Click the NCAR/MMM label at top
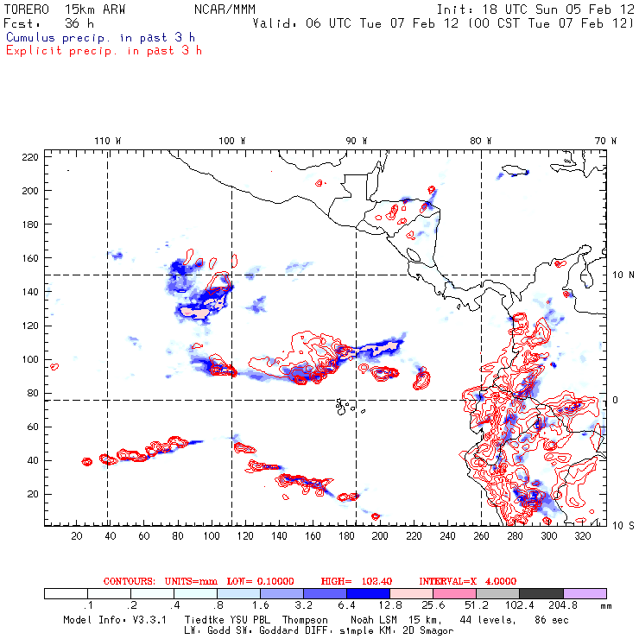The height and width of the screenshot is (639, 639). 224,9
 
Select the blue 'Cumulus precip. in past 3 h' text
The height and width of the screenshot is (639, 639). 100,37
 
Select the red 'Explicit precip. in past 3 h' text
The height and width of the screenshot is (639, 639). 104,50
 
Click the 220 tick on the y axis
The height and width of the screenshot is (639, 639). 30,157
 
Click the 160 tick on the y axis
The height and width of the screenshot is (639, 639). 30,258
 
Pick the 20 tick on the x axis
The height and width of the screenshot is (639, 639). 77,536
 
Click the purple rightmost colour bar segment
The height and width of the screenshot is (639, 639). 585,594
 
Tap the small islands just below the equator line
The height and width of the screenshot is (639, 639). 345,404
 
